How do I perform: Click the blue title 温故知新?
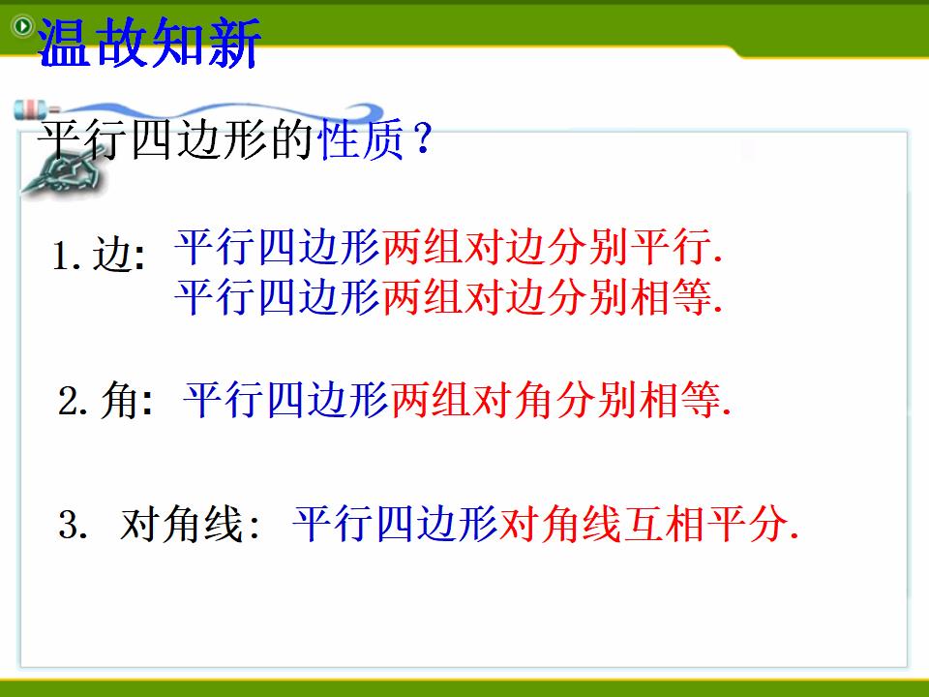point(149,42)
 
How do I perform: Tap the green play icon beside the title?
point(23,26)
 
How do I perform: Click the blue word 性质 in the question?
point(361,139)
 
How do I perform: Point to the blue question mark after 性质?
point(423,139)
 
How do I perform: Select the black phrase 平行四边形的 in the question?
point(176,139)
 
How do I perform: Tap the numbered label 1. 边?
point(99,256)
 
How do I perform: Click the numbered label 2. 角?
point(105,401)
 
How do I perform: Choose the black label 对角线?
point(191,524)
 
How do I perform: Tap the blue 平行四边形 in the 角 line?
point(286,400)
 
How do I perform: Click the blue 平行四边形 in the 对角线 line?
point(395,524)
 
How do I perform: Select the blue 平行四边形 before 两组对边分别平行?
point(278,246)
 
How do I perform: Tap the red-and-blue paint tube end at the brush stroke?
point(33,109)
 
